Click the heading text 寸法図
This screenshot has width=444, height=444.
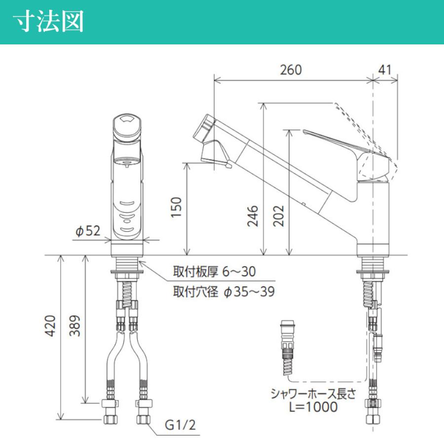coord(48,22)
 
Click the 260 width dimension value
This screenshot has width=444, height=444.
coord(291,70)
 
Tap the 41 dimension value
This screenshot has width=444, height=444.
coord(385,70)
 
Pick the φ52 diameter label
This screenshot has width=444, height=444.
coord(88,230)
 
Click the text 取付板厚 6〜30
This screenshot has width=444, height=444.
coord(214,272)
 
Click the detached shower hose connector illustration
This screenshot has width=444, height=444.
coord(287,345)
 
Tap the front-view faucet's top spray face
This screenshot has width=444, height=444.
coord(128,121)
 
